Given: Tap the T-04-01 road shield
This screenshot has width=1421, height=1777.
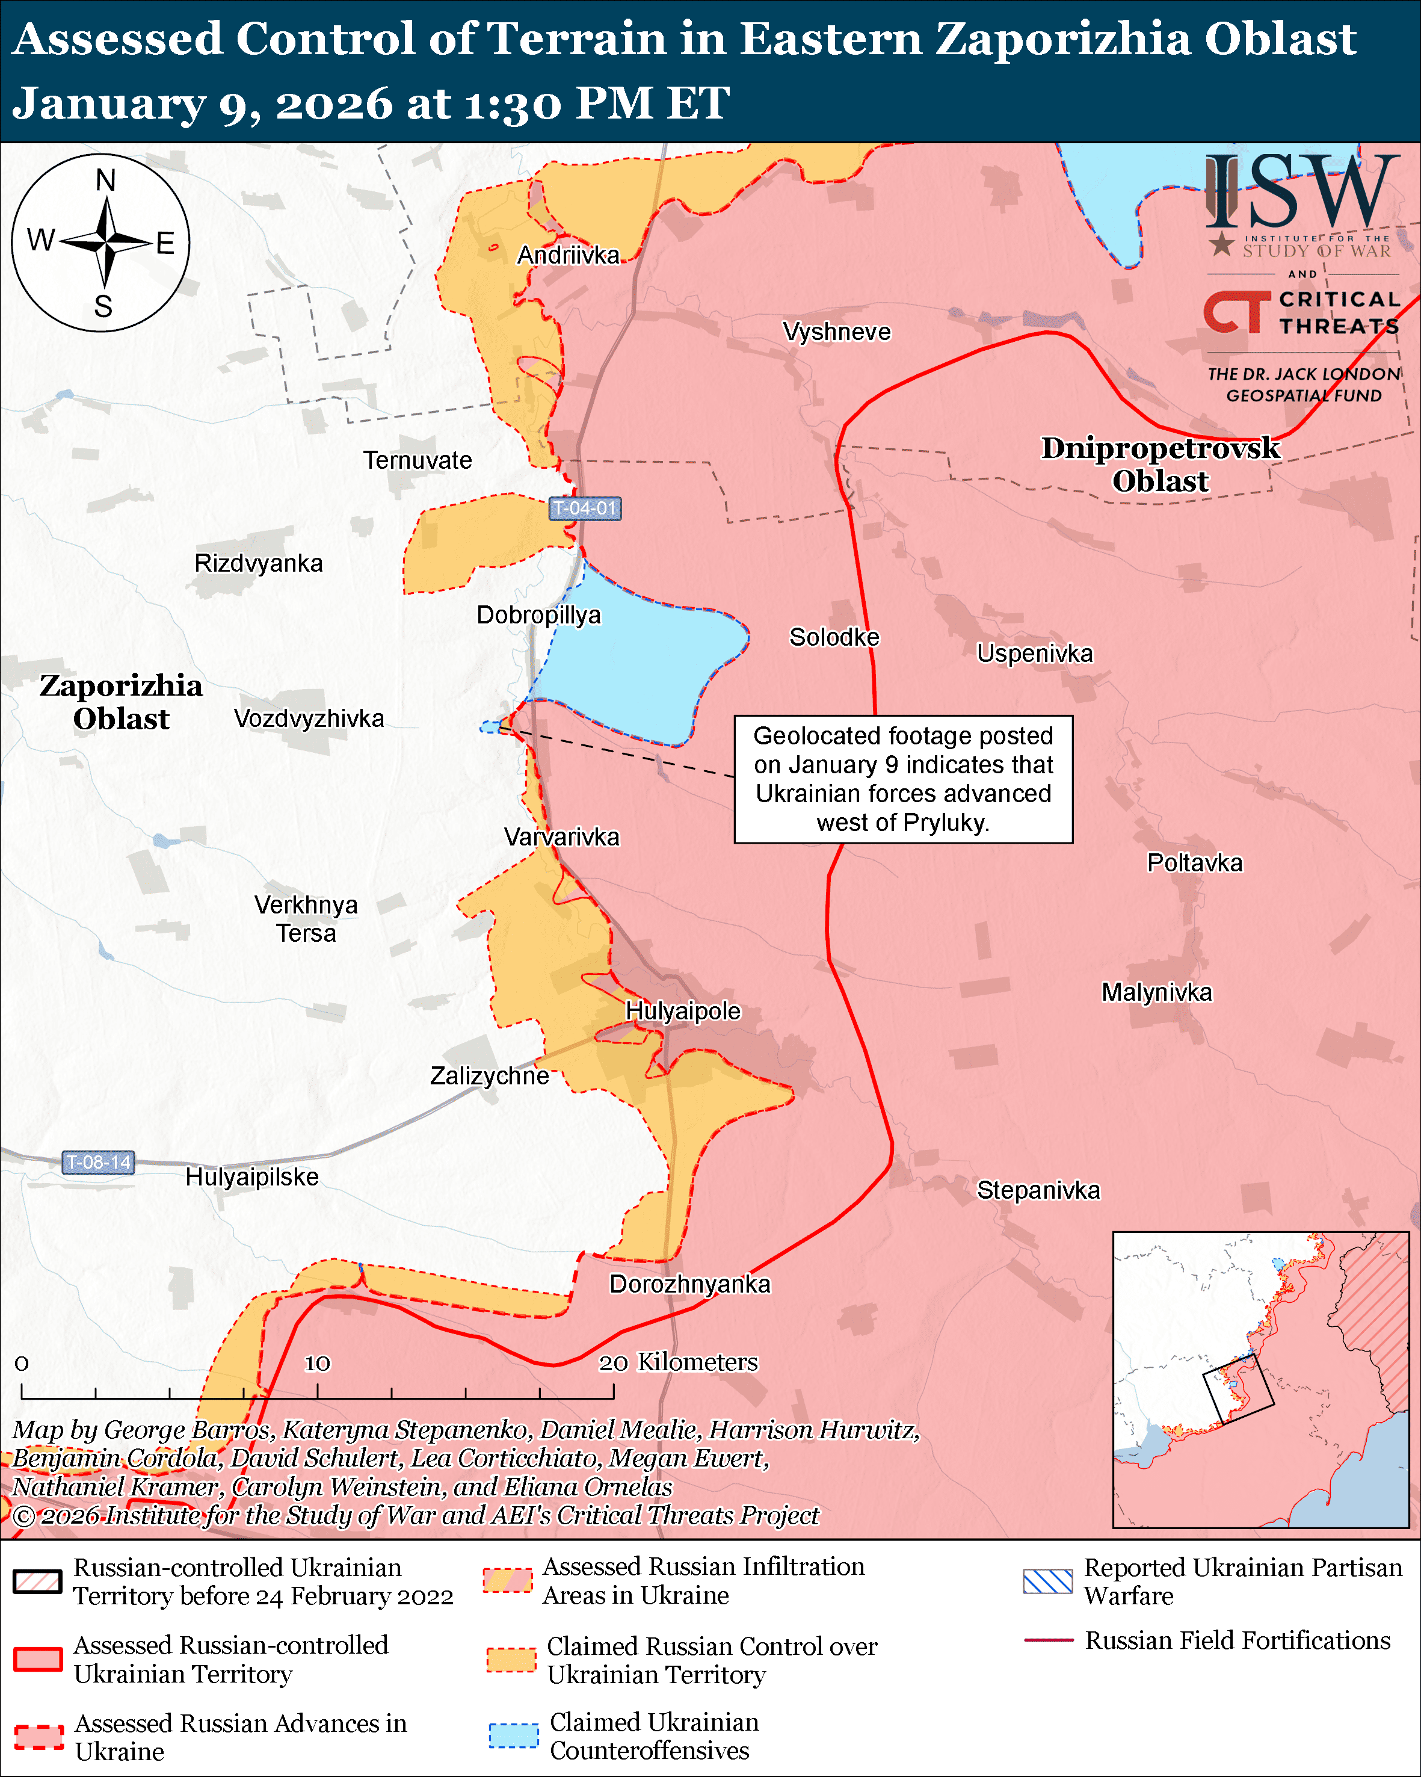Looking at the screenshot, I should [x=585, y=508].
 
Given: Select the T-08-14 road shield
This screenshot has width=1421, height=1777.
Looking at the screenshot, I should [x=98, y=1162].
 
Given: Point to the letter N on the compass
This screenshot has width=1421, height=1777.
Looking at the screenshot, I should [x=105, y=180].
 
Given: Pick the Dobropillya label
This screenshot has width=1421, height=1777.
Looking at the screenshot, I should [x=539, y=615].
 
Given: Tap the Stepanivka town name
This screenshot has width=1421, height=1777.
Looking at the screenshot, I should [x=1038, y=1190].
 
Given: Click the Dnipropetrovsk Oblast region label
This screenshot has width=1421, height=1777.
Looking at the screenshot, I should [x=1160, y=464].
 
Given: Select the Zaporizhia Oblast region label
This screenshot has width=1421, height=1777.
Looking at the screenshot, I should [x=121, y=702].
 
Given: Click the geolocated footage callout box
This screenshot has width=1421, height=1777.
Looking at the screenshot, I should [x=903, y=779].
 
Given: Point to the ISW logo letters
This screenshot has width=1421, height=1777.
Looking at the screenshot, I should [x=1301, y=194].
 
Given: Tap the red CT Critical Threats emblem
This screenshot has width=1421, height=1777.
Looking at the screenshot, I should [x=1236, y=312].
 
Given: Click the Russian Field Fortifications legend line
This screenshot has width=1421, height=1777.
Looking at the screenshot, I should [x=1048, y=1640].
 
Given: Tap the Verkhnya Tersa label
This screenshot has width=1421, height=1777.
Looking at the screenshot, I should [x=306, y=919].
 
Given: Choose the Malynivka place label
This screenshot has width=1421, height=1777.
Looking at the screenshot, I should [x=1156, y=992].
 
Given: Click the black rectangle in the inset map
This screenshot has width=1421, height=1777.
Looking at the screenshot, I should [x=1238, y=1389].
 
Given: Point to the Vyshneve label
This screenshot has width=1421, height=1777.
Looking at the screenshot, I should [x=836, y=332].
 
